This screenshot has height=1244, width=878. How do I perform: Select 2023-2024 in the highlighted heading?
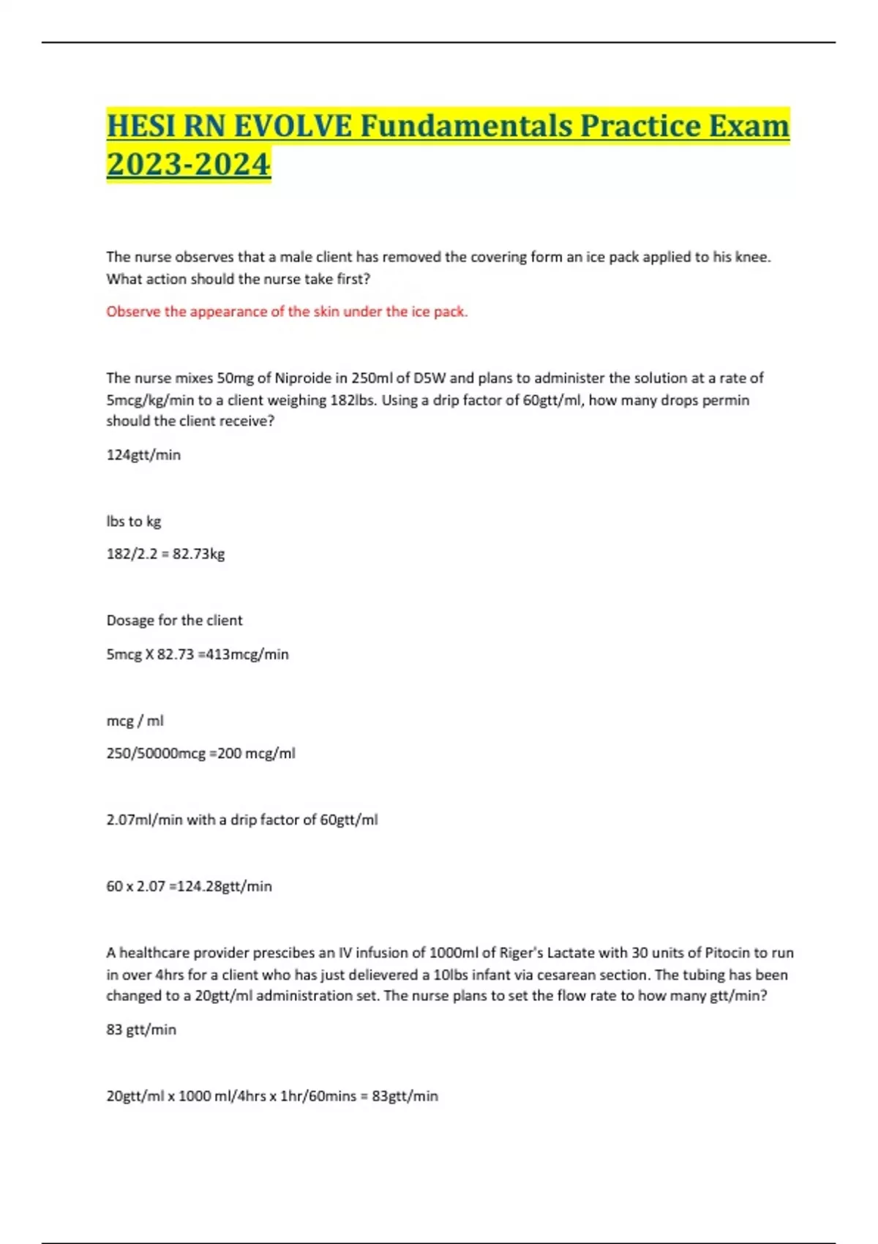[188, 163]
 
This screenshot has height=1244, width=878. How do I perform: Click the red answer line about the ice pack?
[287, 312]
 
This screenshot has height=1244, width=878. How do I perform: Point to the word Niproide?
[303, 378]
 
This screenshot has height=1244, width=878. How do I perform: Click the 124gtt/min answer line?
[143, 455]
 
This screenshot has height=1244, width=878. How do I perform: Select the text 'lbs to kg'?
[133, 522]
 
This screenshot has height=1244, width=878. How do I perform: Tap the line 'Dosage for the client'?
[174, 621]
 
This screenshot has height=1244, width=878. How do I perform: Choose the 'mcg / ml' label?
[135, 721]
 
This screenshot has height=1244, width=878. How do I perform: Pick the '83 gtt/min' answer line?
[141, 1030]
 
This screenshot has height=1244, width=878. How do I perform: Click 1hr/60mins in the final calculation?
[321, 1096]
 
